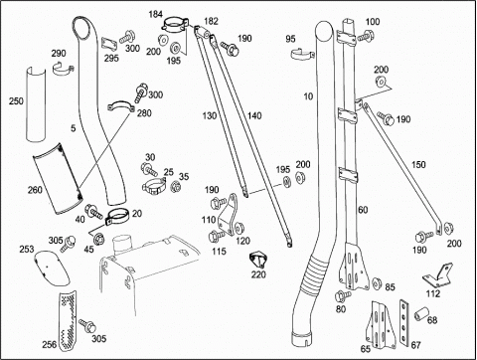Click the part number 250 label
[x=16, y=100]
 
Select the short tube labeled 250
[x=36, y=104]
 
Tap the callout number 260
[x=35, y=190]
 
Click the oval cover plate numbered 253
[x=52, y=268]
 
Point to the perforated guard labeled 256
[x=68, y=320]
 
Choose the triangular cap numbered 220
[x=258, y=260]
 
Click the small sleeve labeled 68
[x=421, y=313]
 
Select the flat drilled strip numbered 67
[x=404, y=321]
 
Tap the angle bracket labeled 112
[x=437, y=274]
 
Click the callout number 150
[x=418, y=165]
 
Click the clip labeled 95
[x=303, y=55]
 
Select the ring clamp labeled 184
[x=175, y=25]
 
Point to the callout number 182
[x=211, y=21]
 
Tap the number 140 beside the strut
[x=254, y=116]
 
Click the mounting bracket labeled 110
[x=230, y=215]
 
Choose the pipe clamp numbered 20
[x=117, y=217]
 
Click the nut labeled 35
[x=175, y=187]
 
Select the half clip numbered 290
[x=63, y=69]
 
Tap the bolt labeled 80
[x=342, y=294]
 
